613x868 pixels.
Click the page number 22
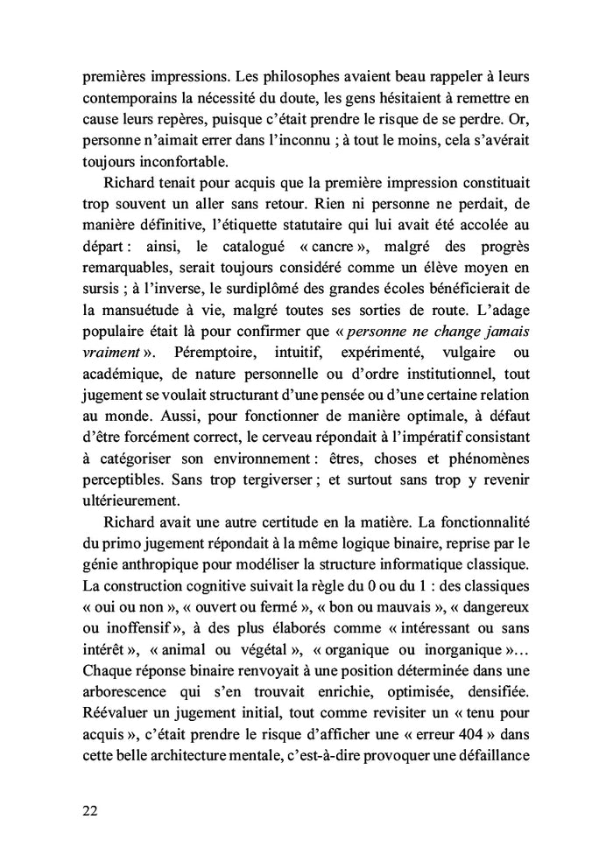click(89, 810)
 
